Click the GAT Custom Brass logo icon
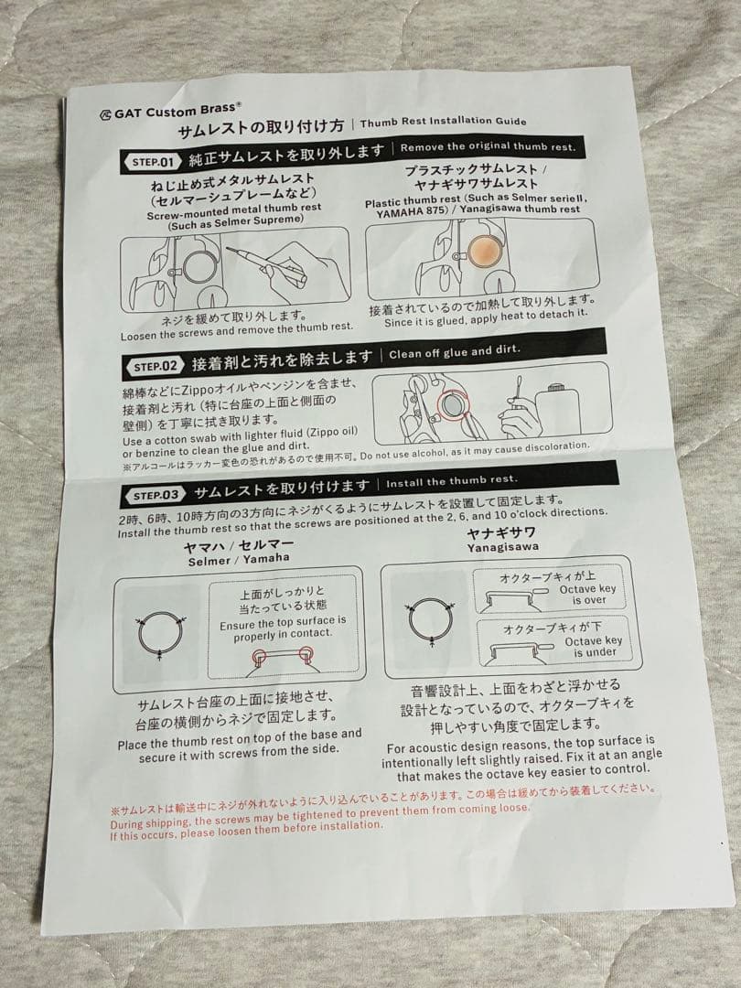(x=105, y=114)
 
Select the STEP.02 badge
(x=155, y=366)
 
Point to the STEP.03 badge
(x=156, y=495)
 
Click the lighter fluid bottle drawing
(x=558, y=410)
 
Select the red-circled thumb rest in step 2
(x=452, y=406)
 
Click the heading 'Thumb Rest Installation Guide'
(x=443, y=121)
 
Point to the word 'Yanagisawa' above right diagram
(x=503, y=547)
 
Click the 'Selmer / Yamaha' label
(x=239, y=560)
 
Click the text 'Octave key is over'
(x=588, y=595)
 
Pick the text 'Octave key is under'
(x=593, y=647)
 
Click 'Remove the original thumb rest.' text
(x=488, y=146)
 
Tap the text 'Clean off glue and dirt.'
(x=455, y=352)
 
